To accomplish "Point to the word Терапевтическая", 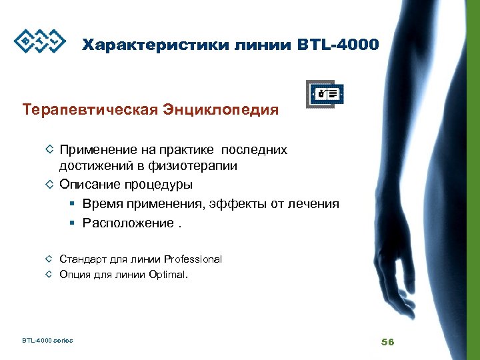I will (89, 109).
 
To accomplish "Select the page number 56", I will (387, 342).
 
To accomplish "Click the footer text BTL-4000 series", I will (47, 341).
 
